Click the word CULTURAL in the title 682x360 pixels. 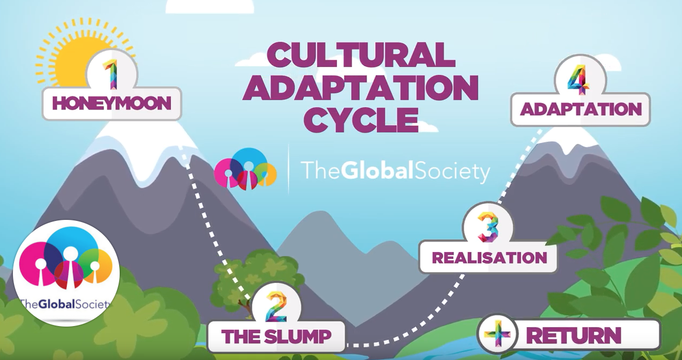click(358, 55)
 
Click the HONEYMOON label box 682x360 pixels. click(112, 103)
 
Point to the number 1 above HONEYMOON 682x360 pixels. click(111, 74)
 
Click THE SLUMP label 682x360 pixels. click(276, 336)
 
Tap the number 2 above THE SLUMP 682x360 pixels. click(276, 306)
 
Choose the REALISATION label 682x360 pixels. click(489, 257)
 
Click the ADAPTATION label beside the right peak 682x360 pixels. click(581, 109)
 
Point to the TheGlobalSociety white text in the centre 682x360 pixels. click(396, 171)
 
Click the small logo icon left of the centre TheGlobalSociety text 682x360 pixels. click(245, 169)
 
